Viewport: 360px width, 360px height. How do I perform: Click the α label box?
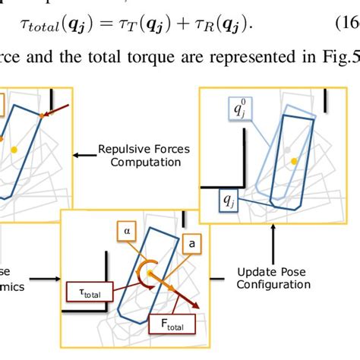(127, 227)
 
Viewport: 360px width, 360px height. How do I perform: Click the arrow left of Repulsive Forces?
(82, 155)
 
